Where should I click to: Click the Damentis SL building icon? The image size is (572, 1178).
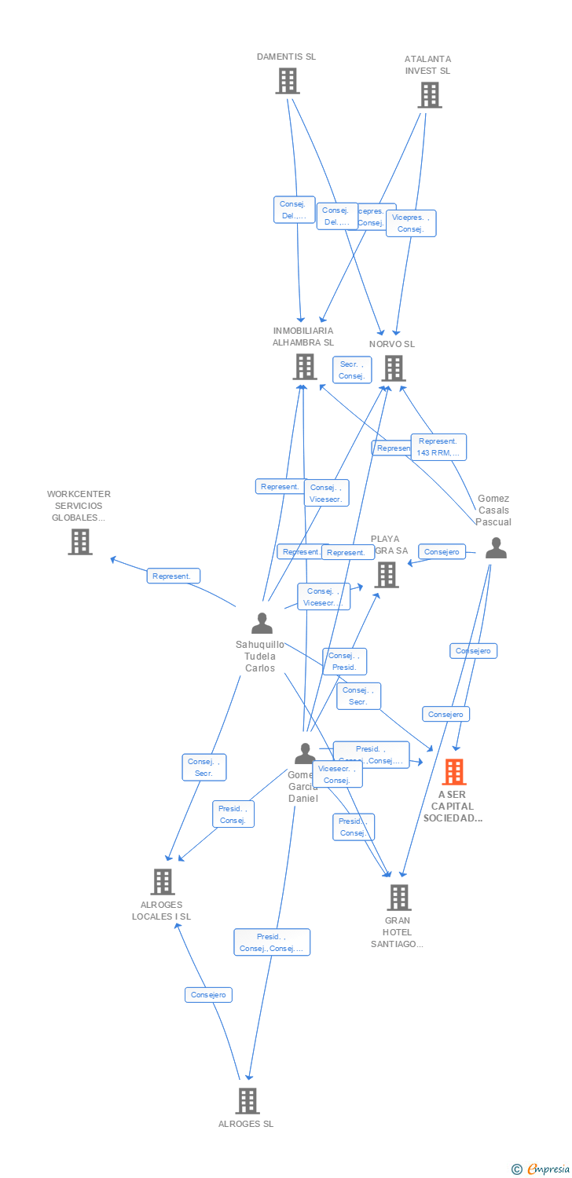pyautogui.click(x=288, y=81)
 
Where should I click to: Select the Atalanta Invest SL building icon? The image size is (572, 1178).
pyautogui.click(x=429, y=95)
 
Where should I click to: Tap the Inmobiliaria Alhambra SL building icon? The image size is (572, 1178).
pyautogui.click(x=304, y=367)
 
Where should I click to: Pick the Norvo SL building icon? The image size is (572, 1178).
pyautogui.click(x=393, y=368)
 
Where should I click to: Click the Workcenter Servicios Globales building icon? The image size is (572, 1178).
pyautogui.click(x=79, y=542)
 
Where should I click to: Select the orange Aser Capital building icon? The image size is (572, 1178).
pyautogui.click(x=453, y=772)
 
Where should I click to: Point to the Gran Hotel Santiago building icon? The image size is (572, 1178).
pyautogui.click(x=399, y=897)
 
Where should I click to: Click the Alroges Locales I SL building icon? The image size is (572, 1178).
pyautogui.click(x=162, y=882)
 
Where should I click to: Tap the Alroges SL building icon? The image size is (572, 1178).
pyautogui.click(x=247, y=1101)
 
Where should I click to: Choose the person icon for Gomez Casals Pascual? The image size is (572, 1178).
pyautogui.click(x=496, y=548)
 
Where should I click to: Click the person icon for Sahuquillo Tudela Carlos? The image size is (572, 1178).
pyautogui.click(x=262, y=623)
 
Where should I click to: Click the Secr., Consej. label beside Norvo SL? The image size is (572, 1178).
pyautogui.click(x=351, y=370)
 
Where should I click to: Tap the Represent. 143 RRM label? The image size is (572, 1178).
pyautogui.click(x=438, y=447)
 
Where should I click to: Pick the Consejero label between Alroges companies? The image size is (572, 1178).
pyautogui.click(x=208, y=995)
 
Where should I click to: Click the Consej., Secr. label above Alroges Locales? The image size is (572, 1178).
pyautogui.click(x=203, y=767)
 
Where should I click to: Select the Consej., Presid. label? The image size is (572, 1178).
pyautogui.click(x=344, y=661)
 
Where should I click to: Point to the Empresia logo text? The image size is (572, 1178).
pyautogui.click(x=548, y=1169)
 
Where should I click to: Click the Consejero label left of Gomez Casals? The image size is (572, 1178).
pyautogui.click(x=442, y=552)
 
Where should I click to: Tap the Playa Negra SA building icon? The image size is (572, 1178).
pyautogui.click(x=386, y=575)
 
